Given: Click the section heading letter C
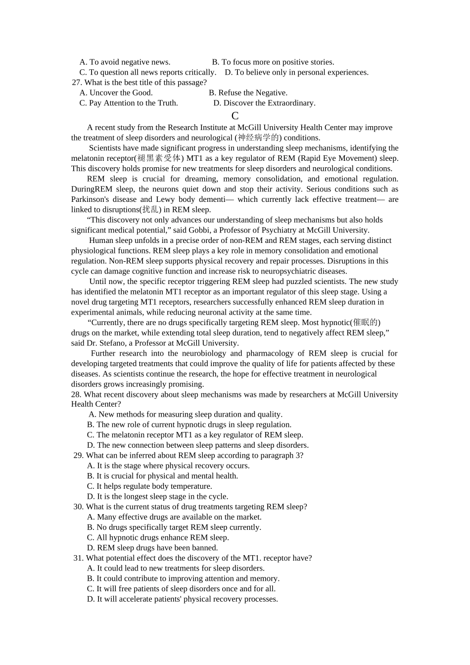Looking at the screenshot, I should click(235, 116).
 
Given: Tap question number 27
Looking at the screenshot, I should click(77, 83).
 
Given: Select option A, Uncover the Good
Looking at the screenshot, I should click(116, 93).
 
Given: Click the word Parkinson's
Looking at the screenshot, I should click(89, 199).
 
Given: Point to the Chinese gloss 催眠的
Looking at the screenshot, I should click(366, 323).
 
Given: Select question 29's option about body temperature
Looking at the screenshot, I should click(149, 486).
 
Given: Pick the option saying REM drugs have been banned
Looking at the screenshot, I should click(152, 548).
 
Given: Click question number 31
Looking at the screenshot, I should click(78, 558).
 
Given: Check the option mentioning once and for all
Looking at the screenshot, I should click(181, 589).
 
